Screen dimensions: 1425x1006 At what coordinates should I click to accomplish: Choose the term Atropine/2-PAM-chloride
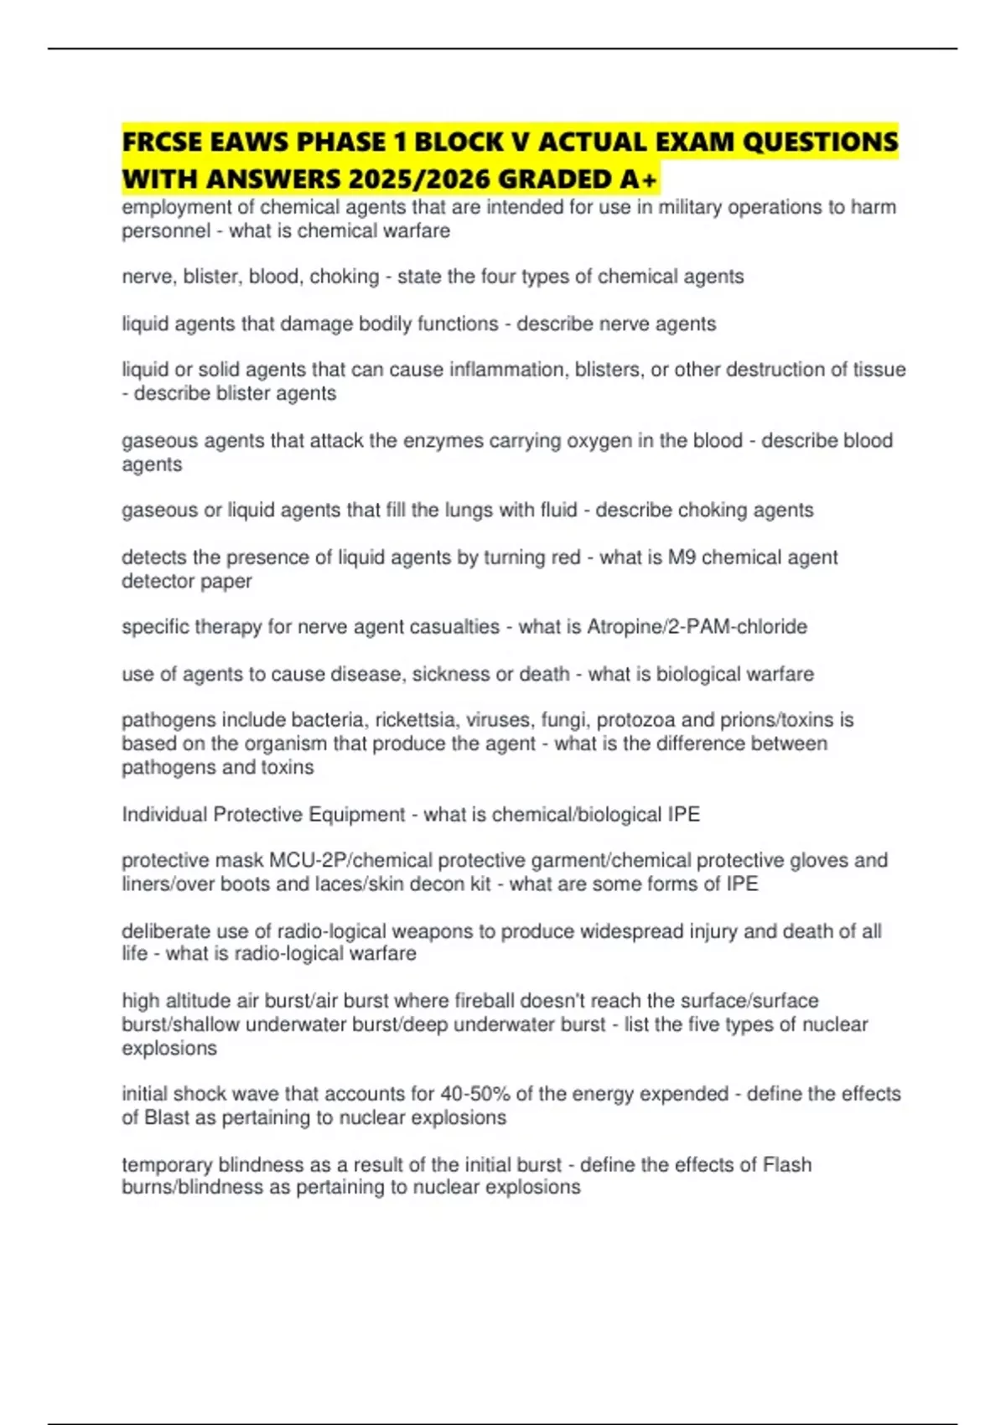[x=697, y=627]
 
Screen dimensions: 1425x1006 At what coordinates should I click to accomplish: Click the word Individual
[x=164, y=815]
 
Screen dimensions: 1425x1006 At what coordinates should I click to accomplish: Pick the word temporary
[x=167, y=1165]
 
